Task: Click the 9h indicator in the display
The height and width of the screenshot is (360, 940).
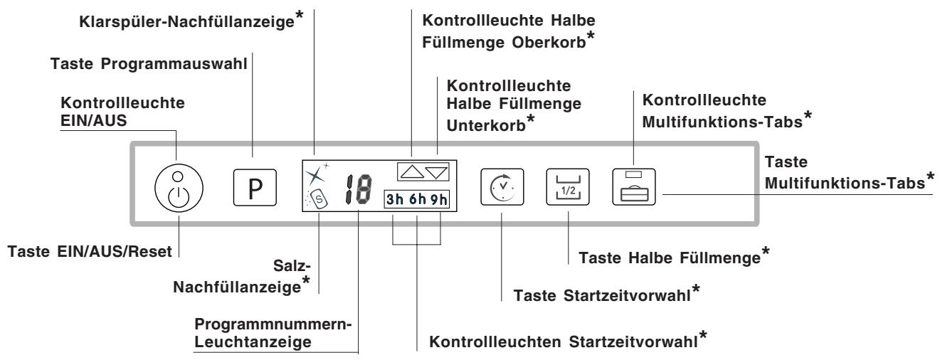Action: pos(442,199)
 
